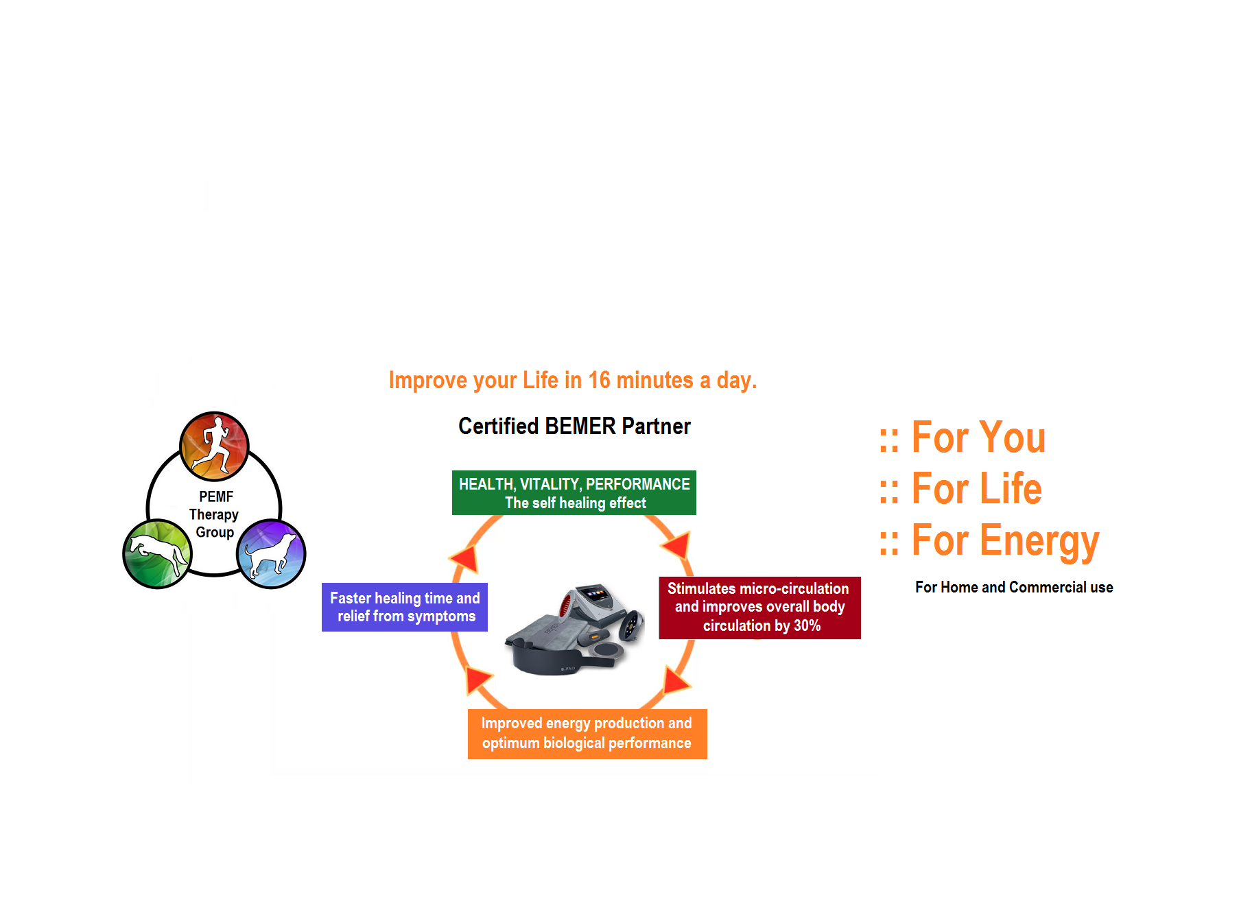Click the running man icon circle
tap(214, 446)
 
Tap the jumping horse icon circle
tap(157, 554)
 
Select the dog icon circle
tap(271, 554)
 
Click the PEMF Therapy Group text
tap(215, 514)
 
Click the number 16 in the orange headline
tap(598, 381)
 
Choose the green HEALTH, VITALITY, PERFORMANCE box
tap(574, 493)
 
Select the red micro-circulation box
tap(759, 608)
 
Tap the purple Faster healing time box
tap(405, 608)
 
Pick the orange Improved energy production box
tap(587, 734)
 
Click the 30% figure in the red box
tap(807, 626)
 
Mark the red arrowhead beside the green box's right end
tap(678, 545)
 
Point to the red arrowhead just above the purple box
tap(467, 558)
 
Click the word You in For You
tap(1013, 437)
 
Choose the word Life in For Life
tap(1011, 489)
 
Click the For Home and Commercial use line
tap(1014, 588)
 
